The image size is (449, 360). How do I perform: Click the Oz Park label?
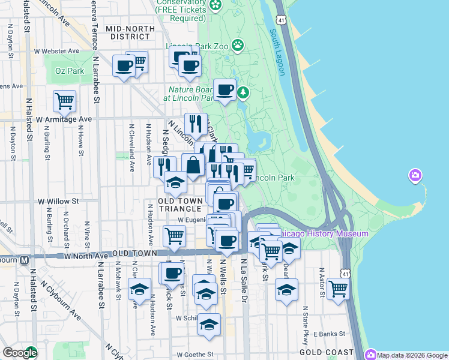(70, 71)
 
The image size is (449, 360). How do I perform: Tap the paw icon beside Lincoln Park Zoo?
(238, 44)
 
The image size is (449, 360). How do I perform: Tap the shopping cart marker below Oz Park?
(64, 100)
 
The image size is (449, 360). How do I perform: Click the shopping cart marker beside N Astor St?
(339, 288)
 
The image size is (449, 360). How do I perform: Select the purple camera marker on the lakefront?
(415, 176)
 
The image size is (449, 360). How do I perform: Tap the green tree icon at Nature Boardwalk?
(243, 92)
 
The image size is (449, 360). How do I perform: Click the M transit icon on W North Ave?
(25, 260)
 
